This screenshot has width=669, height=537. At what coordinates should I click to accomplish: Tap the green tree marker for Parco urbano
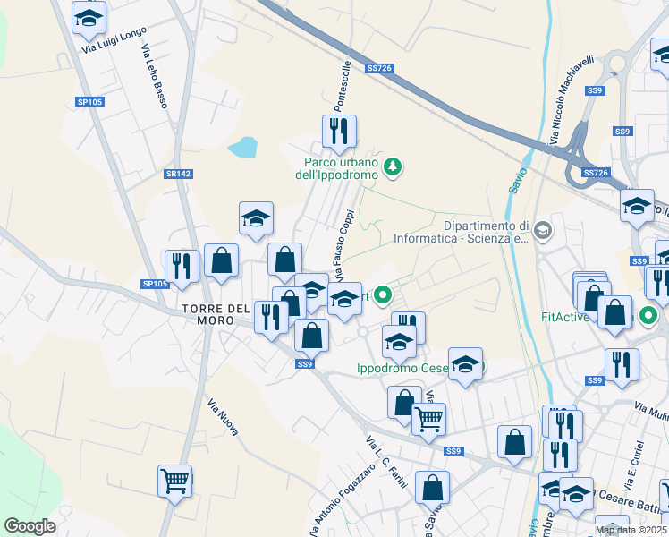(392, 166)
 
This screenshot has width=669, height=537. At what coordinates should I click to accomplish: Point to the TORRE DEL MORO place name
(216, 309)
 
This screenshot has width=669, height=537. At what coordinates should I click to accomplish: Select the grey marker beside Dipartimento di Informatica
(542, 233)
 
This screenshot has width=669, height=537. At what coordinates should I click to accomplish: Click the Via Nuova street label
(223, 418)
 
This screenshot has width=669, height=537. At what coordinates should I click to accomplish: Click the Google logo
(30, 526)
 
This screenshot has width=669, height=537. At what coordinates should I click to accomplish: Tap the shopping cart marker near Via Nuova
(174, 480)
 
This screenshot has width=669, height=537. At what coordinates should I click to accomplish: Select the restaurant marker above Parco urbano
(339, 132)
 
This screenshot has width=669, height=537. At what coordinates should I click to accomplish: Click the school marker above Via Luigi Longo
(89, 17)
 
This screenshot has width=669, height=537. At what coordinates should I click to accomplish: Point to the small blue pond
(241, 147)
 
